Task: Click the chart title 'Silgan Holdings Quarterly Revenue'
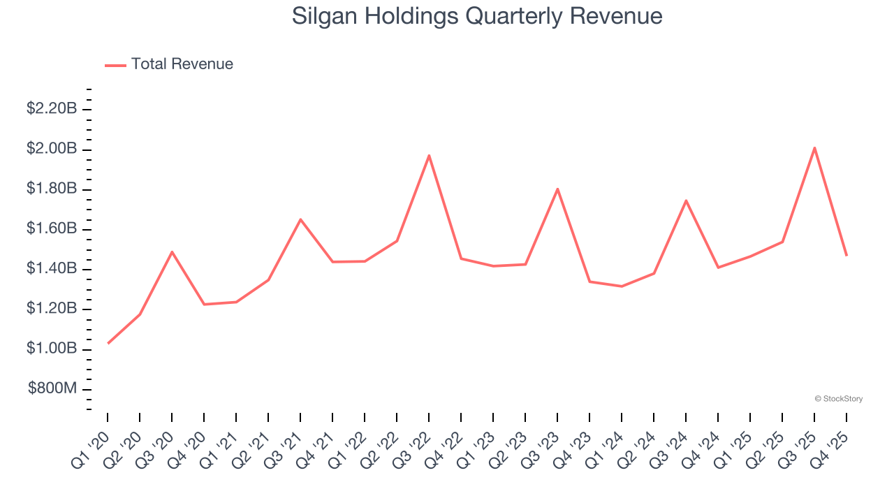click(x=477, y=15)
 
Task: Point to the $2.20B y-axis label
click(x=52, y=108)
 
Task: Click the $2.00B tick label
click(x=52, y=149)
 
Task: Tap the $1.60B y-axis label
click(x=52, y=228)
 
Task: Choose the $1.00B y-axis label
click(x=52, y=349)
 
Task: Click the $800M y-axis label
click(x=53, y=388)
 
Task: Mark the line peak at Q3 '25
click(x=814, y=147)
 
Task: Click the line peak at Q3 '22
click(x=429, y=155)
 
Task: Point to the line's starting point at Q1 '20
click(x=108, y=343)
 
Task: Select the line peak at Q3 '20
click(x=172, y=251)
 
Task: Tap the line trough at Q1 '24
click(x=622, y=286)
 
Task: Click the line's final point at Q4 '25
click(x=847, y=255)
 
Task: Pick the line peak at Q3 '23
click(x=557, y=189)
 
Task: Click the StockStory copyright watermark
click(x=838, y=399)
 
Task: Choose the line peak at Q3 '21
click(x=300, y=219)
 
